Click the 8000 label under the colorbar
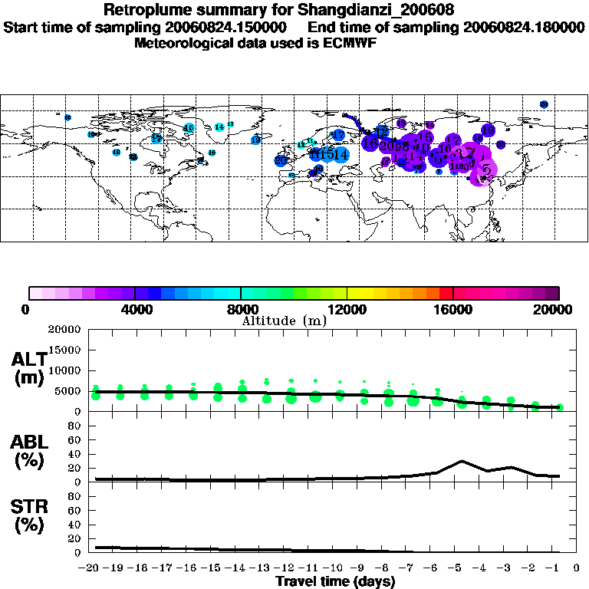tap(241, 310)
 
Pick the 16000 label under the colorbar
tap(453, 310)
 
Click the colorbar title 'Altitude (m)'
tap(284, 321)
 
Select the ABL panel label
tap(28, 452)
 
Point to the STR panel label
tap(28, 515)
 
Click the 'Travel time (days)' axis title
tap(335, 582)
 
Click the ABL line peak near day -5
tap(462, 461)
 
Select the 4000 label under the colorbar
tap(135, 310)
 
